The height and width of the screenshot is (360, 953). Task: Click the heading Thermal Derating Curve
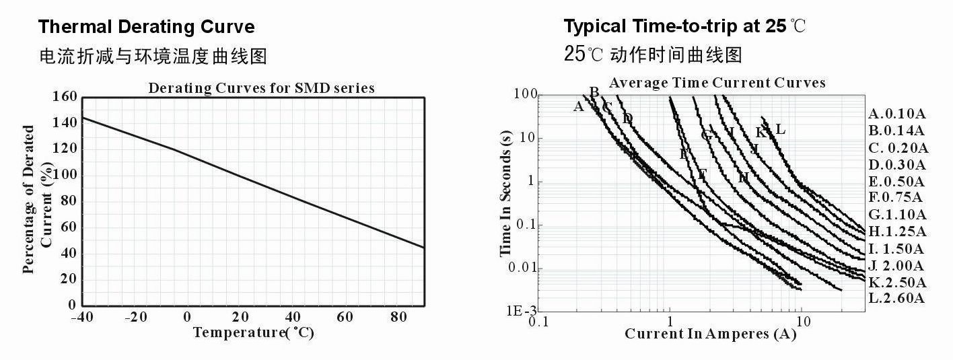(146, 27)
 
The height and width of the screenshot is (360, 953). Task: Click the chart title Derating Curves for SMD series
(261, 88)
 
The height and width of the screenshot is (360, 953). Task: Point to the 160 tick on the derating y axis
(65, 96)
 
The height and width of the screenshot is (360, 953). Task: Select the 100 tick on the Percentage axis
(65, 175)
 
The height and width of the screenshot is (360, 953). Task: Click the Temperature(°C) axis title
(253, 332)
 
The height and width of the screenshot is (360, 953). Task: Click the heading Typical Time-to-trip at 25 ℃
(684, 27)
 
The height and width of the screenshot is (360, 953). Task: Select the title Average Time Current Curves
(717, 83)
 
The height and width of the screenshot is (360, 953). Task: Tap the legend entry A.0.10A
(896, 114)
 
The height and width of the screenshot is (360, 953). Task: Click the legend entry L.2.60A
(896, 298)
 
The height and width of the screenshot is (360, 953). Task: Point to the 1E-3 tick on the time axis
(522, 311)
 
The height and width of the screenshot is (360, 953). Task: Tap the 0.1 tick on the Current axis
(538, 322)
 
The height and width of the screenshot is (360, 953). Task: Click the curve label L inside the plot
(780, 129)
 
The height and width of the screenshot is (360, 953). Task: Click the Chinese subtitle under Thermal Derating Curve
(152, 56)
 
